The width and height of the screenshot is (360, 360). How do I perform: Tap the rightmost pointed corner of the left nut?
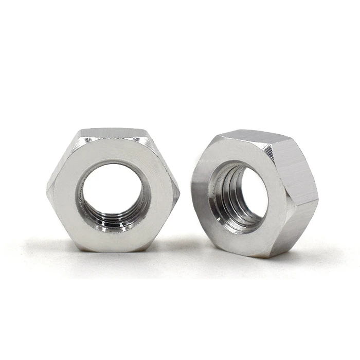(x=178, y=191)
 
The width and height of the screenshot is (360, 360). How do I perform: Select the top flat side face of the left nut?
(x=114, y=133)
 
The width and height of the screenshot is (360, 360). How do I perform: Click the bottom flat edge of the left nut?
(x=113, y=250)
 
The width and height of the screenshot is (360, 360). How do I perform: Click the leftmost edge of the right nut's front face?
(x=192, y=190)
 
